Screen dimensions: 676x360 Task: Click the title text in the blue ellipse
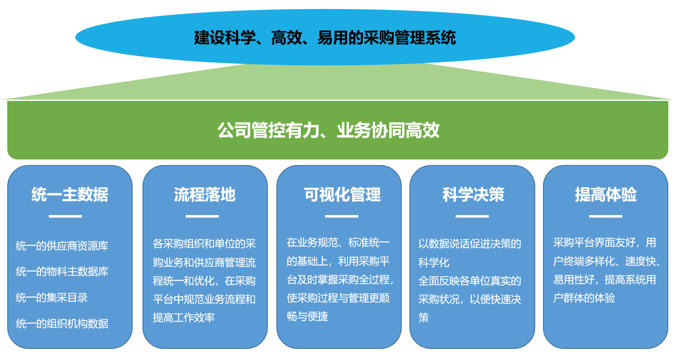point(325,38)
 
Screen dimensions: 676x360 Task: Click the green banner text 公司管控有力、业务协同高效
point(328,130)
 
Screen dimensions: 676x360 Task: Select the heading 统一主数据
point(70,194)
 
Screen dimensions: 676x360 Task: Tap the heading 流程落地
point(205,194)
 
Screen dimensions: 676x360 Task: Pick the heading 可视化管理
point(342,194)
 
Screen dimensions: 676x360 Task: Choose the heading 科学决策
point(473,194)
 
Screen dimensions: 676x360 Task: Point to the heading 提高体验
point(606,194)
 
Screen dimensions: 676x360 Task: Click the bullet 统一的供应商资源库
point(62,246)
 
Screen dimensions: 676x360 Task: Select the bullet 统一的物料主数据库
point(62,271)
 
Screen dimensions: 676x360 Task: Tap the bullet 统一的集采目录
point(52,298)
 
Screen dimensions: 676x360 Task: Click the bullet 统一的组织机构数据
point(62,324)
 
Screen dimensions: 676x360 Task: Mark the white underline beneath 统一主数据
point(65,216)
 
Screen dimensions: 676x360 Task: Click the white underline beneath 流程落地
point(202,216)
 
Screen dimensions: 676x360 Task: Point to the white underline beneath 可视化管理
point(341,216)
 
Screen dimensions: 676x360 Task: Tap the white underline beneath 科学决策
point(472,216)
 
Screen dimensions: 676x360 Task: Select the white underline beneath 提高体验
point(606,216)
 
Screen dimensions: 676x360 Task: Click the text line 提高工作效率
point(184,318)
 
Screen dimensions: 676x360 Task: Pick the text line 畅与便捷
point(307,316)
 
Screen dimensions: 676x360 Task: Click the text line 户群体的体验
point(584,298)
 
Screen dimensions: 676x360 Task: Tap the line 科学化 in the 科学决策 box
point(434,263)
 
